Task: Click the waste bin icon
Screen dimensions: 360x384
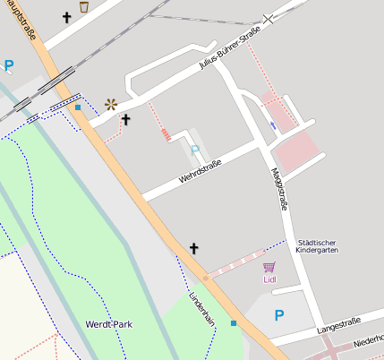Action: tap(84, 6)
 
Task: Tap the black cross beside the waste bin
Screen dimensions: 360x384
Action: tap(66, 17)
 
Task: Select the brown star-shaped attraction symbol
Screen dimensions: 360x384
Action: tap(111, 104)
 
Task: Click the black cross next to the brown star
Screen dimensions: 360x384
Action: tap(126, 119)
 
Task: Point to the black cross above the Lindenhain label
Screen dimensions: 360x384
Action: tap(193, 247)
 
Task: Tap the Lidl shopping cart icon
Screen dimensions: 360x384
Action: tap(269, 266)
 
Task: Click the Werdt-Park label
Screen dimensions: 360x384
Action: tap(109, 323)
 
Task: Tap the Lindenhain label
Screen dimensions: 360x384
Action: tap(202, 308)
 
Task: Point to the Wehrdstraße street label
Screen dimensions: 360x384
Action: tap(200, 171)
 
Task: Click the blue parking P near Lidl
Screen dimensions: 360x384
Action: tap(278, 315)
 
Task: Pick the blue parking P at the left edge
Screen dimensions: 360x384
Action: tap(9, 64)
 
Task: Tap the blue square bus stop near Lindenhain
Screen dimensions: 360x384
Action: tap(234, 322)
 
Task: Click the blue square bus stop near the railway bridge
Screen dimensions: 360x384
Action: tap(78, 107)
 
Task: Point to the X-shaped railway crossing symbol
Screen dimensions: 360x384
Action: tap(269, 18)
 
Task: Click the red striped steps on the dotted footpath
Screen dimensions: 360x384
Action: tap(166, 135)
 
